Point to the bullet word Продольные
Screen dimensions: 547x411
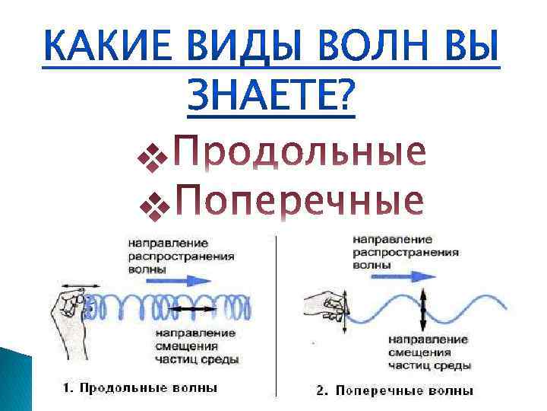point(299,155)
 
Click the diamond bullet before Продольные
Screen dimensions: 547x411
point(147,158)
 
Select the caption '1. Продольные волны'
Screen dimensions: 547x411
point(140,387)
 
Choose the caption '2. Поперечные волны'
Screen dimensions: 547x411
point(394,390)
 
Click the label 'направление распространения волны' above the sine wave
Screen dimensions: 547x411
point(406,252)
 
